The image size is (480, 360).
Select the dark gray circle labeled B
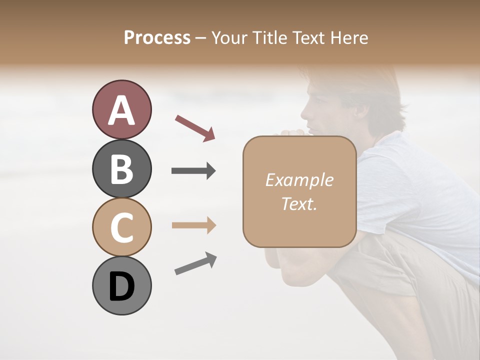121,168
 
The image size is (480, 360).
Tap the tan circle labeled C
121,227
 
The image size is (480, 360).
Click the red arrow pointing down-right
195,127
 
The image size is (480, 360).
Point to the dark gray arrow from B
193,171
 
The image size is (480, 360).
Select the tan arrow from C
193,225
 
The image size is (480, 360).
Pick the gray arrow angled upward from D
195,263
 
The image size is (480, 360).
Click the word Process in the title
157,37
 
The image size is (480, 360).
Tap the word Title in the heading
269,37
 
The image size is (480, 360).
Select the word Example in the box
299,180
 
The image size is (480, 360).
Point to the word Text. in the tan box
299,204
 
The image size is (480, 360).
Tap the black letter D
121,286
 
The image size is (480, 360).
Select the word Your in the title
228,37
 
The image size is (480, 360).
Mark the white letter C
121,228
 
